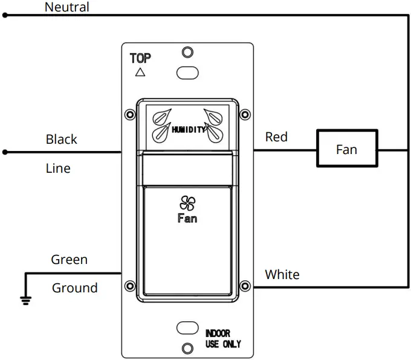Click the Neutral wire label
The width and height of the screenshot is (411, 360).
(67, 7)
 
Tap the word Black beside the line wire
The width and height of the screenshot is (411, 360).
(62, 140)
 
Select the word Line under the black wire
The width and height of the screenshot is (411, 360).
(58, 169)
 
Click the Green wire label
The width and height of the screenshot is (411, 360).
(69, 260)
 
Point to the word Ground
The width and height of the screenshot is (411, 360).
(74, 288)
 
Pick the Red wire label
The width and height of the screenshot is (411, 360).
(276, 137)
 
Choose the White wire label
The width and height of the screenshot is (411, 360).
(282, 275)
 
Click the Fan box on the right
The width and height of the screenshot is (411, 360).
(347, 149)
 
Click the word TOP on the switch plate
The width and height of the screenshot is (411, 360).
(140, 59)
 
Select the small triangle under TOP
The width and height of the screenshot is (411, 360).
(140, 72)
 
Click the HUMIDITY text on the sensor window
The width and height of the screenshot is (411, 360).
(189, 129)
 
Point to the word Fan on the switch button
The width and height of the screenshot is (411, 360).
(187, 218)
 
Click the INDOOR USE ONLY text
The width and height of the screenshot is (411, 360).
(222, 338)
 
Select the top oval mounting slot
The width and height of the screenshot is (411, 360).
(187, 73)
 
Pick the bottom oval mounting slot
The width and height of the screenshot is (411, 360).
(187, 327)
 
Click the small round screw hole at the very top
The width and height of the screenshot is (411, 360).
(187, 51)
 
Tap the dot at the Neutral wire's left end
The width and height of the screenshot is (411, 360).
(5, 16)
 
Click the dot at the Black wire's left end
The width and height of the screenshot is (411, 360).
(5, 152)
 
